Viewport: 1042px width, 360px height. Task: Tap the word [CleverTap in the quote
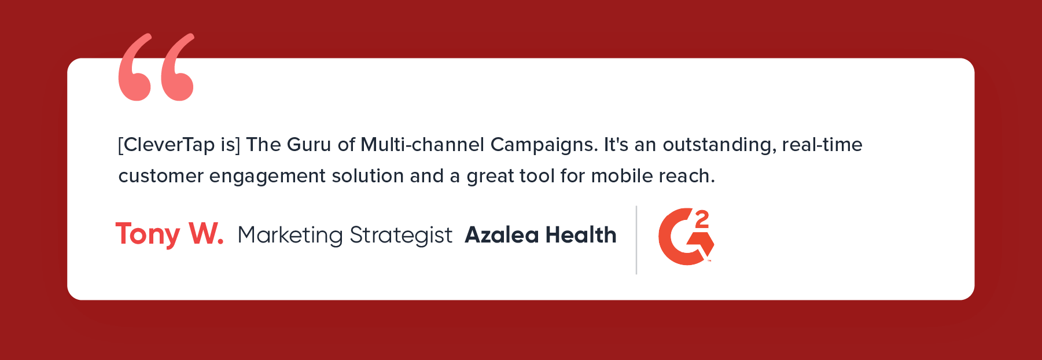click(x=166, y=145)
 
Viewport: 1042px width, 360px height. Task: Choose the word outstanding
click(x=720, y=145)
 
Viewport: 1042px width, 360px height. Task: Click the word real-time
click(x=822, y=144)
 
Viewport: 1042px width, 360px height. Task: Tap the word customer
click(x=161, y=176)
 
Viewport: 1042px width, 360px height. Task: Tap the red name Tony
click(x=148, y=235)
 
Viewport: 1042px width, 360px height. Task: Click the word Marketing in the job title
click(x=290, y=236)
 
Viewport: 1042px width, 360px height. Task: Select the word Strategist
click(x=401, y=236)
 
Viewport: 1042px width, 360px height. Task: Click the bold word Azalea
click(x=502, y=235)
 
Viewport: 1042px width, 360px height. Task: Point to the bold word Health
click(x=581, y=234)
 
